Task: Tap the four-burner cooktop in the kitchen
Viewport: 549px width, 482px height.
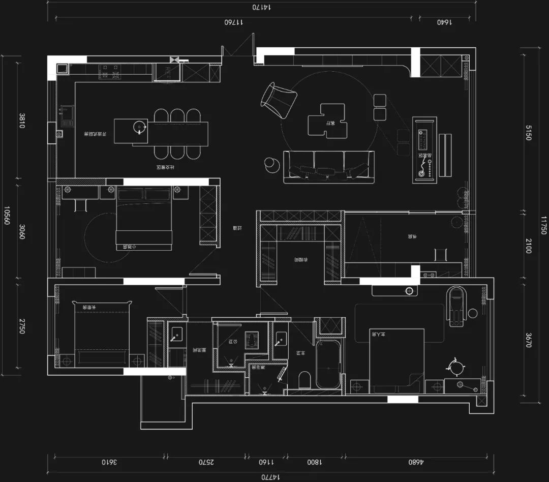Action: coord(110,71)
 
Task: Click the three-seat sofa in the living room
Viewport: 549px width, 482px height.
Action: coord(328,167)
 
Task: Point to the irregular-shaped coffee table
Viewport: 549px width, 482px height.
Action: coord(328,120)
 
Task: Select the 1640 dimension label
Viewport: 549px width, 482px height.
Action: coord(444,22)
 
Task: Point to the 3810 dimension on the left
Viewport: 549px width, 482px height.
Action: coord(22,120)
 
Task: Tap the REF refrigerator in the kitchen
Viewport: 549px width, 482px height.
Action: coord(168,73)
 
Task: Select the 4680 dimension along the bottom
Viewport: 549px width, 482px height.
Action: coord(416,462)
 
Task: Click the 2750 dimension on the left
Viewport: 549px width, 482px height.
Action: coord(22,326)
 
